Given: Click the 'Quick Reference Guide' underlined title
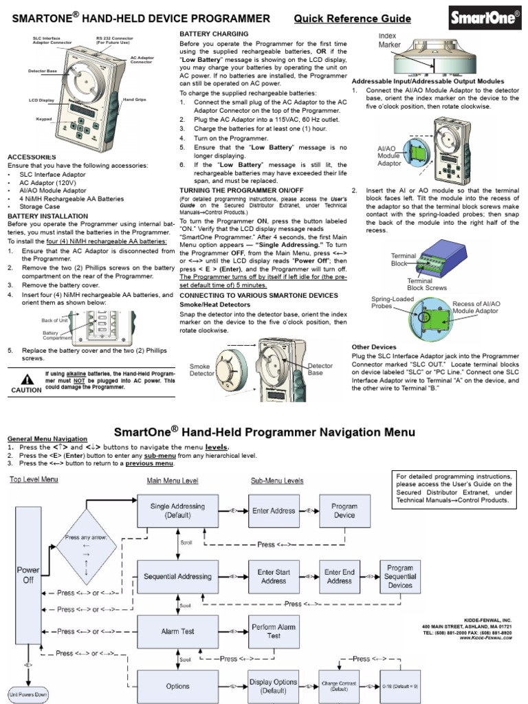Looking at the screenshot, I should coord(352,19).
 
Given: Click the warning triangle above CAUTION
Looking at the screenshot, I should coord(26,378).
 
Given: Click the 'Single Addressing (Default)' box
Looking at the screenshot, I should coord(179,511).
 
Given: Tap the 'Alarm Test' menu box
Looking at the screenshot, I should coord(179,631).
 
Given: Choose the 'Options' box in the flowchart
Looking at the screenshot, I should coord(179,686).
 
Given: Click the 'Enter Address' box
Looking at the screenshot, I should coord(274,511).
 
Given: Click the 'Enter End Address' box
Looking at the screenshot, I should coord(340,576).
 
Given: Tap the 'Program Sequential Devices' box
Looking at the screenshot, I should coord(400,577).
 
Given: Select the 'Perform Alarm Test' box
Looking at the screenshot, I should coord(274,631).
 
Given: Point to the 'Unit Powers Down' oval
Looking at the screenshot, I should coord(27,694).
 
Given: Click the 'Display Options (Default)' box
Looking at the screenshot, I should coord(274,686).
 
